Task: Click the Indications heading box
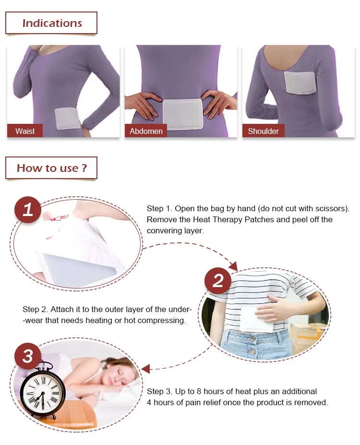pos(51,23)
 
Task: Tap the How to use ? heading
pos(51,168)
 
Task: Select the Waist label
pos(25,131)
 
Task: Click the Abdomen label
pos(146,131)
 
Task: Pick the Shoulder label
pos(263,131)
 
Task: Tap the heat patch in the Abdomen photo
pos(183,114)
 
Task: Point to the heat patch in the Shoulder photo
pos(300,83)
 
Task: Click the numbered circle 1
pos(28,210)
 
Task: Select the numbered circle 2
pos(218,281)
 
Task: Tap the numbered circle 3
pos(28,356)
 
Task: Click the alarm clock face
pos(43,393)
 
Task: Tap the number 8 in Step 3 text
pos(199,391)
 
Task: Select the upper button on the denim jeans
pos(251,338)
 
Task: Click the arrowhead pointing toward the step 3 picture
pos(145,369)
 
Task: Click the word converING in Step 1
pos(161,231)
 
